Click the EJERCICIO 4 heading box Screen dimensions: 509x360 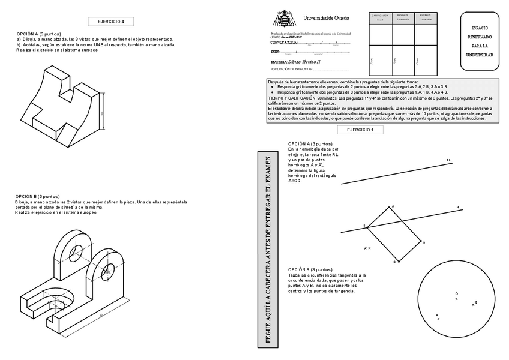(115, 22)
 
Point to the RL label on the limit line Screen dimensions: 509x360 (448, 160)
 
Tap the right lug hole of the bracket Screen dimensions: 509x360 (110, 266)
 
